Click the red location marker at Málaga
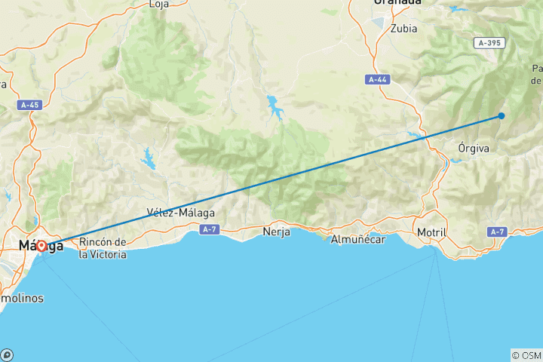[41, 247]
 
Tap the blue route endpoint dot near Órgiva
[501, 115]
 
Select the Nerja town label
[276, 232]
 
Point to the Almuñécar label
[358, 239]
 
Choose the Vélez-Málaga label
[181, 213]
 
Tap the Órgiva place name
[474, 149]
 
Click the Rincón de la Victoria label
[103, 248]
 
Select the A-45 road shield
[31, 105]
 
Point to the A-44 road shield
[378, 79]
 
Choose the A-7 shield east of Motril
[496, 232]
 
